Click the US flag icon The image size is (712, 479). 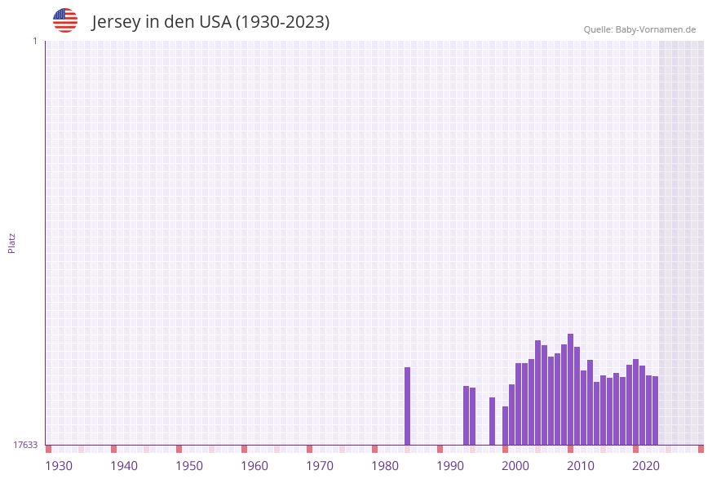click(65, 20)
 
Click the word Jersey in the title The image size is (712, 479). click(117, 22)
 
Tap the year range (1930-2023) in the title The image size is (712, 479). click(282, 22)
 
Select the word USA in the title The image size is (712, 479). click(214, 22)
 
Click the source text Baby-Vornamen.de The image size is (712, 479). click(656, 30)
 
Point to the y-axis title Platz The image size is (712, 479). click(12, 243)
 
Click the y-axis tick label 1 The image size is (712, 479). click(34, 41)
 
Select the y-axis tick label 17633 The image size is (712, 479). click(25, 445)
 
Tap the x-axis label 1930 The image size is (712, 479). click(59, 466)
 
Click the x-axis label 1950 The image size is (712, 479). click(189, 466)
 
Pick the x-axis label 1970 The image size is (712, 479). click(320, 466)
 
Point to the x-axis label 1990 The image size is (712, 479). click(450, 466)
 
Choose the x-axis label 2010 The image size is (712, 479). click(581, 466)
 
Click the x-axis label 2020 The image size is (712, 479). click(646, 466)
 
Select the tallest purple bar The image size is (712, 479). click(571, 389)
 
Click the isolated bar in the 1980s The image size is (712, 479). click(408, 406)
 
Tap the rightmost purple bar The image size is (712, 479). click(656, 410)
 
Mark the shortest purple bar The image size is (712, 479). click(506, 425)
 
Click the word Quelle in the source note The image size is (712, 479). click(598, 30)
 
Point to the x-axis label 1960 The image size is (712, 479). click(254, 466)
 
